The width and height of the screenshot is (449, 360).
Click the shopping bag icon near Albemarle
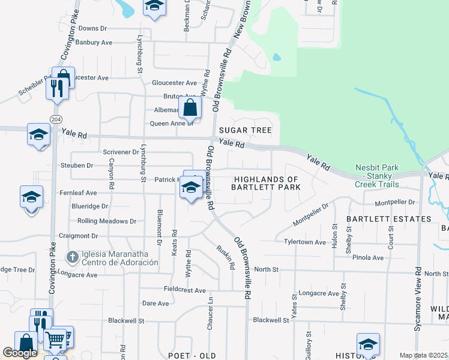pos(190,109)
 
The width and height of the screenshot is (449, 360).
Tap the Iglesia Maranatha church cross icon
pos(72,257)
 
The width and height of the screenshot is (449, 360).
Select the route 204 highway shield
pos(55,118)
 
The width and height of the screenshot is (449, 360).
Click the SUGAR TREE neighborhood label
pos(245,130)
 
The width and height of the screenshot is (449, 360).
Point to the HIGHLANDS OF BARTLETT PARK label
pos(265,184)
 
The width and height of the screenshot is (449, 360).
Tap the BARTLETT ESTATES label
pos(393,219)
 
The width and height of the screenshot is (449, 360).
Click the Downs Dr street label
pos(92,28)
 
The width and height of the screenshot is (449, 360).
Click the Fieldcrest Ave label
pos(185,290)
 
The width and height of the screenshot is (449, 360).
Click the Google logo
pos(19,353)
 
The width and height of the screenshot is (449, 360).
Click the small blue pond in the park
pos(277,58)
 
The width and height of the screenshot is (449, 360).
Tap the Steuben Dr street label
pos(77,165)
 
